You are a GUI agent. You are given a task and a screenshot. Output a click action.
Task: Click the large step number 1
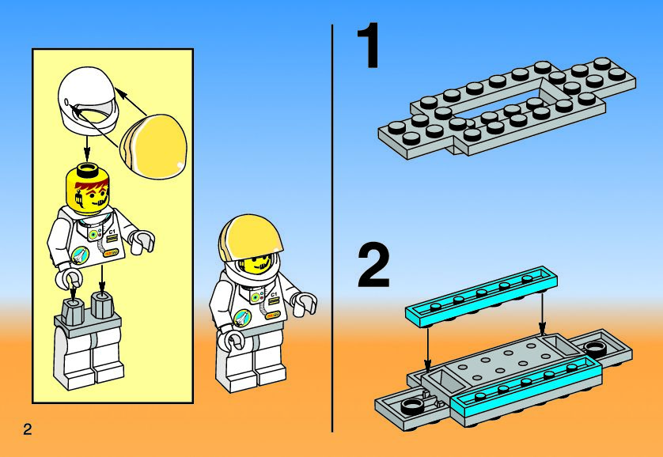coord(368,46)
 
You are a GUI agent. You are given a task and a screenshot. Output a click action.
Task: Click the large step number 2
coord(373,267)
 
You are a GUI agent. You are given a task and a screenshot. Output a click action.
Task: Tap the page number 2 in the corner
coord(28,429)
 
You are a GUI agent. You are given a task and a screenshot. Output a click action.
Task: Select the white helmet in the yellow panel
coord(88,101)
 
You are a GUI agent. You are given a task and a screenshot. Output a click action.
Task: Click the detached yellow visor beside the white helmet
coord(153,146)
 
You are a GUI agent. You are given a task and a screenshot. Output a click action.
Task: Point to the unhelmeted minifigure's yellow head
coord(88,188)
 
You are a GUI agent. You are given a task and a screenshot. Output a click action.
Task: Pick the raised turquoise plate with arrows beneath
coord(481,296)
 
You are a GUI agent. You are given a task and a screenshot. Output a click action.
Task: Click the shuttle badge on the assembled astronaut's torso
coord(242,318)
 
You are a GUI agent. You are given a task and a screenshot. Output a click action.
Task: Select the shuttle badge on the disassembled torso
coord(80,255)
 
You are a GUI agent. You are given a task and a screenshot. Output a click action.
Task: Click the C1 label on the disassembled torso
coord(112,232)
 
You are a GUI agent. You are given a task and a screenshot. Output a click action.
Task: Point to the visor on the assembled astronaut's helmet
coord(249,237)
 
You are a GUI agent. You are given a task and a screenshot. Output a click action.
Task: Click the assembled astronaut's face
coord(256,264)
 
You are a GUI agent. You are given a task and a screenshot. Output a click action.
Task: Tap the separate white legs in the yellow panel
coord(89,343)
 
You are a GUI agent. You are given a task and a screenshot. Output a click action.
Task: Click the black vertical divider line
coord(332,228)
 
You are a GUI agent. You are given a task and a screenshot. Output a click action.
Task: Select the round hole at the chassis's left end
coord(411,406)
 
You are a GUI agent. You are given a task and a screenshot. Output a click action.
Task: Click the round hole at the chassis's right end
coord(595,349)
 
